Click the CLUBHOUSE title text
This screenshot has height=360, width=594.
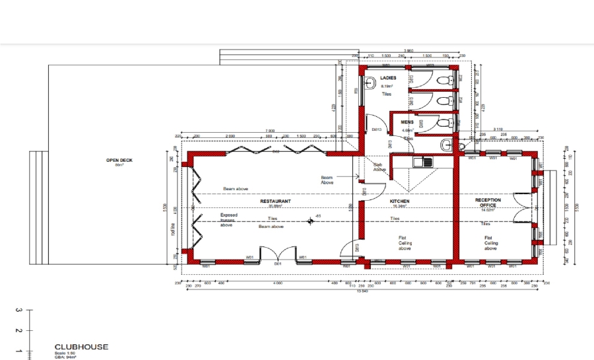coord(81,347)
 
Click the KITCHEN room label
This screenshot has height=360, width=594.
coord(399,200)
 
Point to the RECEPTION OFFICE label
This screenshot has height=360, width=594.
coord(488,203)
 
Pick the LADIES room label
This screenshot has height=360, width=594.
coord(379,79)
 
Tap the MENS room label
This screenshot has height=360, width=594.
coord(407,122)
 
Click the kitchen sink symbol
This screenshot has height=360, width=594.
coord(421,161)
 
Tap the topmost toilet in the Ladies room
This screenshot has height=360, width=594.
coord(449,80)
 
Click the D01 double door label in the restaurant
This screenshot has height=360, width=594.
coord(278,264)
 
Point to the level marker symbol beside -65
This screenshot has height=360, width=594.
coord(310,221)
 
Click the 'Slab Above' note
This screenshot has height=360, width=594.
coord(379,167)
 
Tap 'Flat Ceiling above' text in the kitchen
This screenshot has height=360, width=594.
coord(405,243)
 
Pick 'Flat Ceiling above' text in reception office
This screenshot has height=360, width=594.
coord(490,243)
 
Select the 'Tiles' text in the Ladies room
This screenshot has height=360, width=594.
coord(387,94)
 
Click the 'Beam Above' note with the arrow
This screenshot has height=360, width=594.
coord(327,180)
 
